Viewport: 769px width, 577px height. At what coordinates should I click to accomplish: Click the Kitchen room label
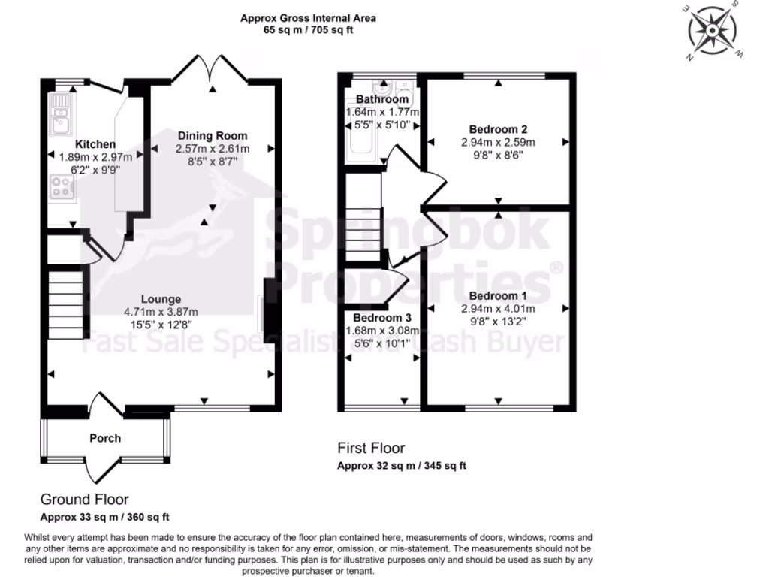95,144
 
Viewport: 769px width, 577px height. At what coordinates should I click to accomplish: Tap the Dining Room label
213,136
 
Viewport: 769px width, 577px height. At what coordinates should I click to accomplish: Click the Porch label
105,438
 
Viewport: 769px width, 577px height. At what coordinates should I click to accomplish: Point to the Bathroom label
382,99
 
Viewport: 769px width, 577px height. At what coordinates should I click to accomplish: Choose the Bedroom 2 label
497,128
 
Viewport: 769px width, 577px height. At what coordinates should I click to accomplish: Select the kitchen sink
59,113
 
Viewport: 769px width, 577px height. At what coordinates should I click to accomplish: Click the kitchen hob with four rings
61,187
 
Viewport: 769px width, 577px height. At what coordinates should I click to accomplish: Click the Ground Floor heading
84,500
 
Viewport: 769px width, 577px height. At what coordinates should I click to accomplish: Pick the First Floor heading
371,449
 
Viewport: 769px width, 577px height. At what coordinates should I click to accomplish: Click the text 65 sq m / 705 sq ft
308,30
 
